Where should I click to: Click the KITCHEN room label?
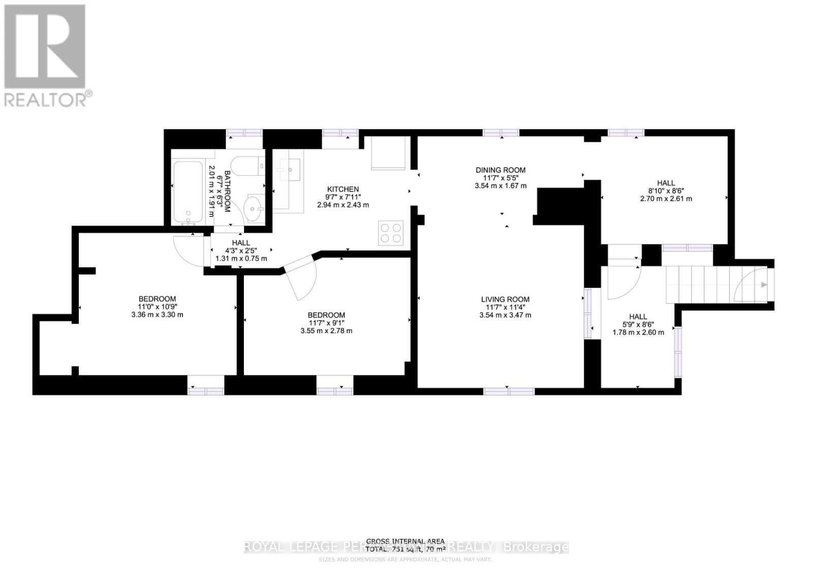tap(342, 189)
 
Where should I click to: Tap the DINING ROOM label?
tap(500, 170)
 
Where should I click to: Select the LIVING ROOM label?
tap(505, 300)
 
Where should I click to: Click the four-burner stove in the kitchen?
tap(391, 233)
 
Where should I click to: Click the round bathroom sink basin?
tap(253, 208)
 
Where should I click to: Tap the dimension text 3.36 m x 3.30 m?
tap(157, 314)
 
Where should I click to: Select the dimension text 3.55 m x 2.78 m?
tap(326, 331)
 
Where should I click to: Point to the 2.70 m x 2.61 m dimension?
tap(666, 199)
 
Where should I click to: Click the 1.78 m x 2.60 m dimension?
tap(638, 333)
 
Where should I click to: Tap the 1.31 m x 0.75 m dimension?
tap(241, 259)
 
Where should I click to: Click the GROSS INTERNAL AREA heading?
tap(405, 541)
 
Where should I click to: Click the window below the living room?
tap(509, 391)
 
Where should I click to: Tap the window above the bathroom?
tap(244, 133)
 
